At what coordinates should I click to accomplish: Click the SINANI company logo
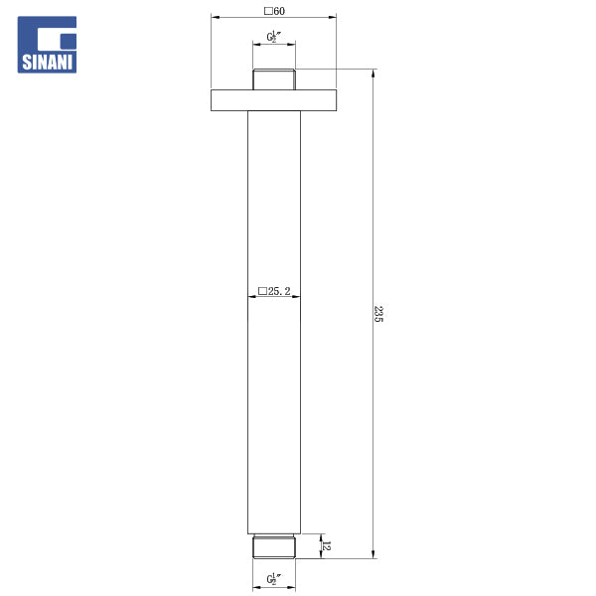47,45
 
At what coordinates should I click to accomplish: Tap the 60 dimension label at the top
279,11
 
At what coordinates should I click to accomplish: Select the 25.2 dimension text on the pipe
279,291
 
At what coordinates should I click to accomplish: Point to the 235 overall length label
378,314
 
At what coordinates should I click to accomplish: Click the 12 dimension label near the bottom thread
326,545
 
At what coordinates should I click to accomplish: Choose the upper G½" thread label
274,37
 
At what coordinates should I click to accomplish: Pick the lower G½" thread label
274,579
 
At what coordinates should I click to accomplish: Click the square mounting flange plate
274,100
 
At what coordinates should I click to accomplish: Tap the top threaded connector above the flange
274,79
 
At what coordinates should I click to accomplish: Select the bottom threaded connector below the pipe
274,546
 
